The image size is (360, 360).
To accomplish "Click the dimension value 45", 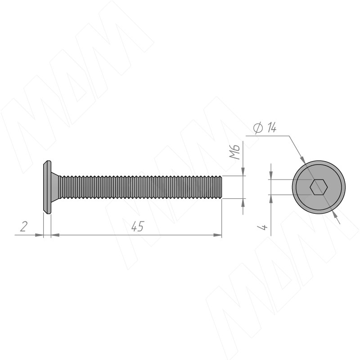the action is point(138,226).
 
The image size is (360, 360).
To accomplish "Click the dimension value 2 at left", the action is point(24,226).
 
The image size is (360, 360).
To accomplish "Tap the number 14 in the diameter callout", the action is point(272,127).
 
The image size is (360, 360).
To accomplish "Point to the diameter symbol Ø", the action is point(258,128).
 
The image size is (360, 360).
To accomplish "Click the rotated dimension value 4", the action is point(262,227).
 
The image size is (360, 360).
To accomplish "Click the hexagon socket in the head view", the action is point(319,187).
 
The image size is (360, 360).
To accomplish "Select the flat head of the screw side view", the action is point(47,187).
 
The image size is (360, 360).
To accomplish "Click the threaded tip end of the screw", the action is point(220,187).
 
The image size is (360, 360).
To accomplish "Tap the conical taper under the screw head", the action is point(55,187).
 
